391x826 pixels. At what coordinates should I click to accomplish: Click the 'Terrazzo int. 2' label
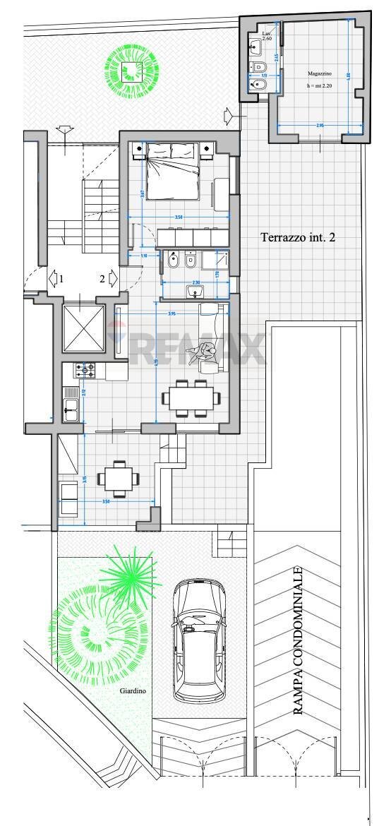point(298,238)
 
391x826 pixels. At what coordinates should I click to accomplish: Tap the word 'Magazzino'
point(320,73)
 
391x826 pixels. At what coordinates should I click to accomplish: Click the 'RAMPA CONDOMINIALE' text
point(299,641)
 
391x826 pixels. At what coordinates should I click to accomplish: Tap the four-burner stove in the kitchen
point(85,369)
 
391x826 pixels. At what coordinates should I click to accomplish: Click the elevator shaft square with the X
point(83,328)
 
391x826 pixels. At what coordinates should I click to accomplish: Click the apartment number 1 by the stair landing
point(61,279)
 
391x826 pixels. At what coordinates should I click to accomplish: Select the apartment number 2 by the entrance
point(102,279)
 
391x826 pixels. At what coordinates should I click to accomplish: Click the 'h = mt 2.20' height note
point(320,85)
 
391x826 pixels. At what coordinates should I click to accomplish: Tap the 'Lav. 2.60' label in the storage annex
point(267,36)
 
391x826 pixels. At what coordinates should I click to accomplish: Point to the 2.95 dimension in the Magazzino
point(320,126)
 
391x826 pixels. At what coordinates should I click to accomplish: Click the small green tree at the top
point(132,68)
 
